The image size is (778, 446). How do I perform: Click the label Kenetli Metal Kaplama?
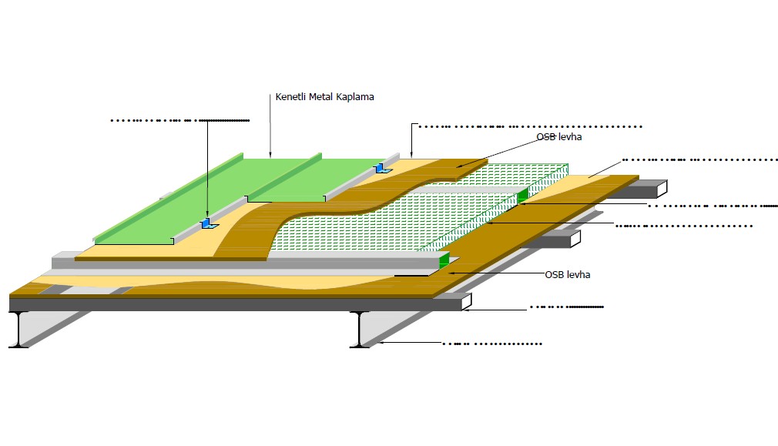[324, 97]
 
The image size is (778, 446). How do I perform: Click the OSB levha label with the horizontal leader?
[567, 274]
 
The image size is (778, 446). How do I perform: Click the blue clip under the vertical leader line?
[206, 223]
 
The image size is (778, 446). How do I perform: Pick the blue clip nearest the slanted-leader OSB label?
[380, 167]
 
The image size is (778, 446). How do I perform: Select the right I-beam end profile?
[360, 330]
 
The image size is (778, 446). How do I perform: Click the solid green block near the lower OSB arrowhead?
[444, 260]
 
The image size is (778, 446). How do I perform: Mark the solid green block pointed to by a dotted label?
[523, 196]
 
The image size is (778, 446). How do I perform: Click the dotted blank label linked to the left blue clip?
[180, 121]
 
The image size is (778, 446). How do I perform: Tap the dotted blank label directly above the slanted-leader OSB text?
[528, 126]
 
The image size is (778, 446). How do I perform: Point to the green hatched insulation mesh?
[401, 216]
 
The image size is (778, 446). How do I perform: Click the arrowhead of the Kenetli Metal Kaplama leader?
[270, 156]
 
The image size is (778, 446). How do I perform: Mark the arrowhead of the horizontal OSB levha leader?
[451, 273]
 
